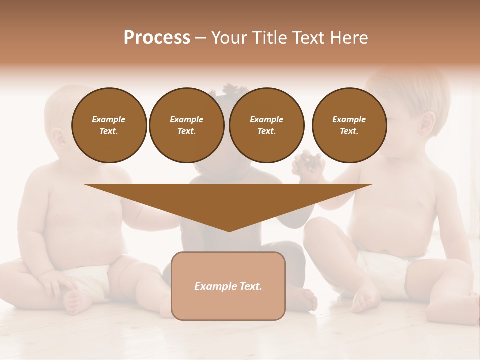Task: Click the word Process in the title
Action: (157, 38)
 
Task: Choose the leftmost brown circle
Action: (109, 125)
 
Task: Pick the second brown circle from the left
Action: (186, 125)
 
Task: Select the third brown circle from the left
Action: (266, 125)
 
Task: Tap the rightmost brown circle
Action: (349, 125)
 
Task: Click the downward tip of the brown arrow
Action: (229, 230)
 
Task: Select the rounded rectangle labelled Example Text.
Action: (228, 286)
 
